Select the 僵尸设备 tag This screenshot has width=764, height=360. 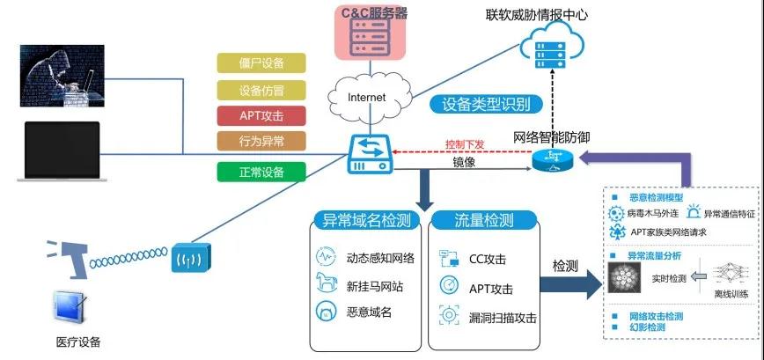click(x=261, y=63)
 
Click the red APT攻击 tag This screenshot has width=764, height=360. click(x=261, y=115)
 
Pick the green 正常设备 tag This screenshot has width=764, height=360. click(x=261, y=172)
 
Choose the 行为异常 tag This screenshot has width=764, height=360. click(x=261, y=141)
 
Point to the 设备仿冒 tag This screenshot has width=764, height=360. click(x=261, y=90)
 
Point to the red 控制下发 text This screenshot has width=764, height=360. click(x=466, y=144)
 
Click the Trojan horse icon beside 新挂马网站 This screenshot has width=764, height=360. click(x=326, y=283)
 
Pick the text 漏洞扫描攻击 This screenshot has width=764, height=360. click(x=503, y=316)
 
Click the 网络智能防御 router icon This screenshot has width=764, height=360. click(x=552, y=159)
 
